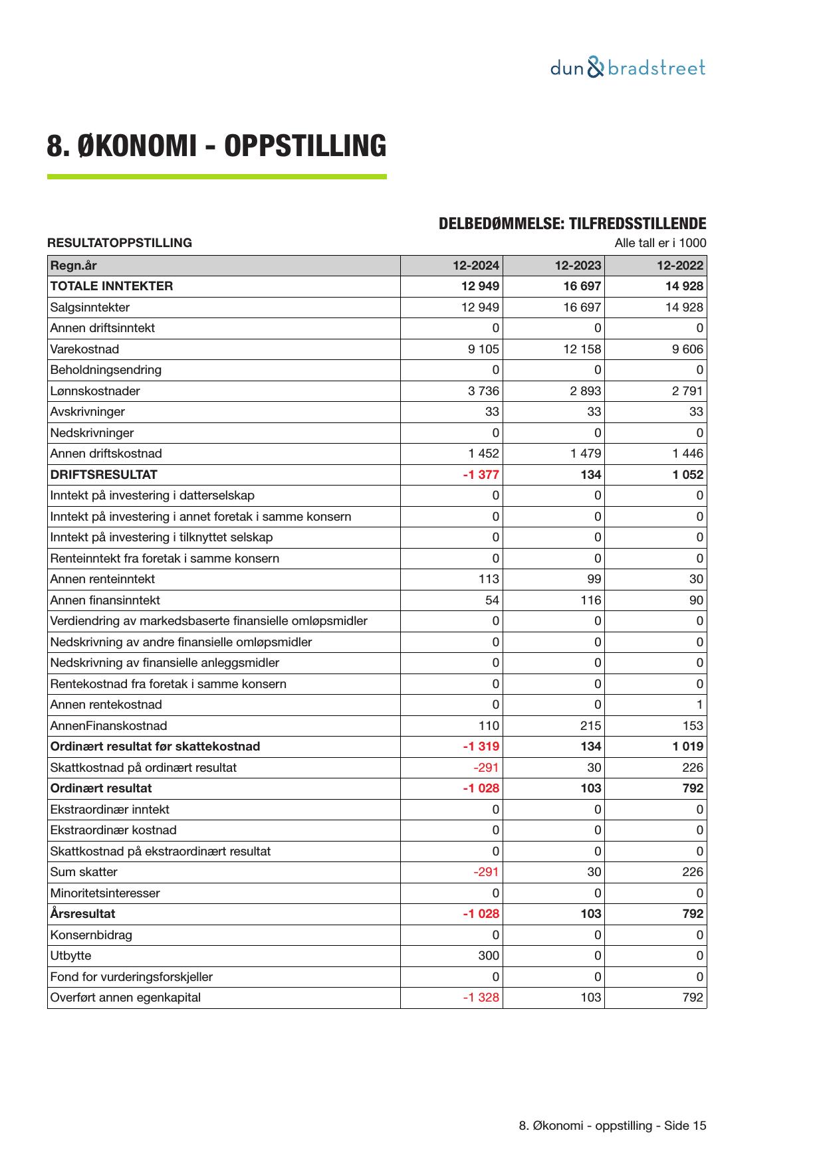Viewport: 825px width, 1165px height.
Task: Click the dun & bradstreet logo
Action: pos(628,68)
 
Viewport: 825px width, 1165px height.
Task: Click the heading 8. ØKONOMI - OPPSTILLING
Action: pos(216,145)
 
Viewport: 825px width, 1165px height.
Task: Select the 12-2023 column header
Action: pos(578,266)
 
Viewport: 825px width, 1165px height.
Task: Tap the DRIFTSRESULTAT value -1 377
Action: pos(481,475)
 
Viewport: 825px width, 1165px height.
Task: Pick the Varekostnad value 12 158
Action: pos(582,349)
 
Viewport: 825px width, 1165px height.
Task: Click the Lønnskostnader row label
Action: pos(95,391)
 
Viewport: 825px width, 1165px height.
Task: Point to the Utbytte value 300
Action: pos(489,956)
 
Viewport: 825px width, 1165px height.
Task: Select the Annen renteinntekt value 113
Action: pos(489,579)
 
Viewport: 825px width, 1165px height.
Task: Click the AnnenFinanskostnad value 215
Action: pos(590,726)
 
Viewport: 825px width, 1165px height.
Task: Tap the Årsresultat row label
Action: pos(82,914)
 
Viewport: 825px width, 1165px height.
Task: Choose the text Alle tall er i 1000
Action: pos(660,243)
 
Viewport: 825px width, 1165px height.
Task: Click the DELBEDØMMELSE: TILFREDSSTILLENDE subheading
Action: pos(572,224)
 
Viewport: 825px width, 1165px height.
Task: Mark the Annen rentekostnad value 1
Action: pos(699,705)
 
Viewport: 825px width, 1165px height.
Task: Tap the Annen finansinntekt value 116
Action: pos(590,600)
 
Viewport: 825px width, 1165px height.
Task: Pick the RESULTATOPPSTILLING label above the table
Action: pos(120,243)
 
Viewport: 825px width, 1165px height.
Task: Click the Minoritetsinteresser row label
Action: pos(105,893)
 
